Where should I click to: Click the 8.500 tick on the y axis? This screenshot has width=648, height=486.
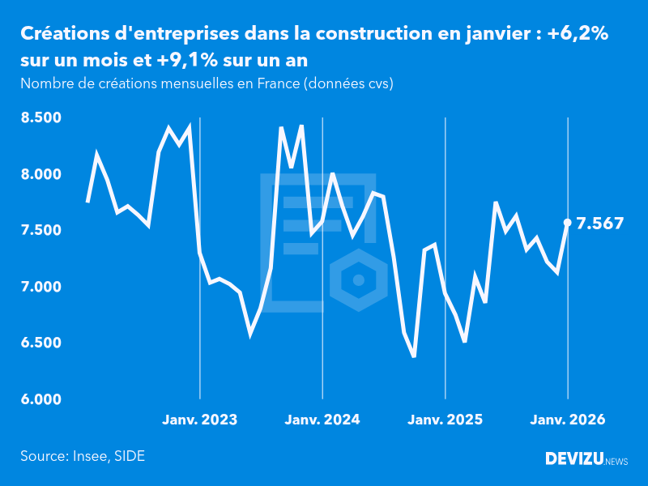(40, 118)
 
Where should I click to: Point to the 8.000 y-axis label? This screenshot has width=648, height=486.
(40, 174)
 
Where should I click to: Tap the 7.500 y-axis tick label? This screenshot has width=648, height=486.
(40, 231)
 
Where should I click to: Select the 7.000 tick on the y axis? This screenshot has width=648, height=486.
(40, 287)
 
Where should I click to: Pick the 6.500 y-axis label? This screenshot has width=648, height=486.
(40, 343)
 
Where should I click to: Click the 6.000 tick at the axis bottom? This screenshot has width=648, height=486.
(40, 399)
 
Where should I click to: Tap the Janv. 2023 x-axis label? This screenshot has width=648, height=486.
(200, 420)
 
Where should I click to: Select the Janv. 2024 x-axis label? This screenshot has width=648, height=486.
(322, 420)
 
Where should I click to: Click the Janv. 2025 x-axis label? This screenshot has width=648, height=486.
(445, 420)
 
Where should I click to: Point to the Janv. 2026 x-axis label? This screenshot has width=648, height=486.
(567, 420)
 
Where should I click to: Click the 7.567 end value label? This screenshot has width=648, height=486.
(599, 223)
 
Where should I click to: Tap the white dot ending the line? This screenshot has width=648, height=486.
(567, 222)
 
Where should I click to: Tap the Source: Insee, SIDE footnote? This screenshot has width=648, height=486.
(83, 456)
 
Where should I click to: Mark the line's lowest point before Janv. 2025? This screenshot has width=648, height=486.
(414, 356)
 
